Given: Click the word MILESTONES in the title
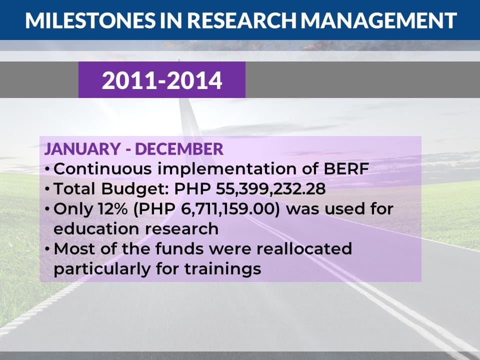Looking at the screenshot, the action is [x=90, y=20].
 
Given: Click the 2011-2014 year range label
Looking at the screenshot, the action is [x=162, y=80].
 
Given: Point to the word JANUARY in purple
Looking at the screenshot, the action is [x=82, y=149].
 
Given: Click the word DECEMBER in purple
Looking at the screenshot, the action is [x=179, y=149].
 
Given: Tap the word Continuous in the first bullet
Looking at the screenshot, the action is [x=102, y=169].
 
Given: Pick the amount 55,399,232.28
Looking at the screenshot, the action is [x=270, y=189].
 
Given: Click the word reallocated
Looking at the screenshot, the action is [x=304, y=248].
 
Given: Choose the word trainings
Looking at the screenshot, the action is [x=223, y=269].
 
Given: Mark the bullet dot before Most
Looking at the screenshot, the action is [x=47, y=249].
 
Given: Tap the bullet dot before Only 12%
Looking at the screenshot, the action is [x=47, y=209].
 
